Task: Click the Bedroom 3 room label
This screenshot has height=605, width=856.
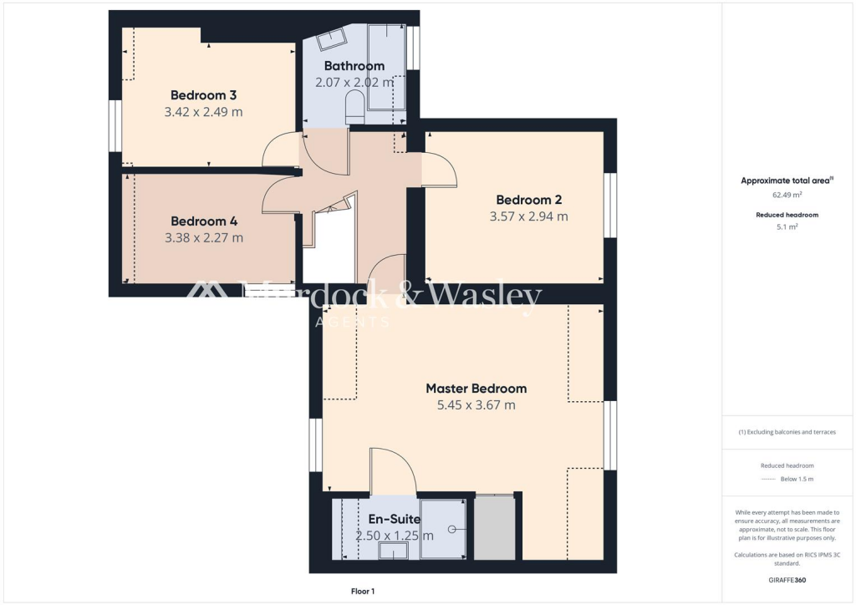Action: click(203, 94)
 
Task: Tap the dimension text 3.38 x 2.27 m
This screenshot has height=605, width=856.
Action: click(204, 237)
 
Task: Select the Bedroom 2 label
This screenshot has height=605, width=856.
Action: click(528, 200)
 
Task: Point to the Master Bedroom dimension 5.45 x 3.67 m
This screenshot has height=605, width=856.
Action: click(476, 405)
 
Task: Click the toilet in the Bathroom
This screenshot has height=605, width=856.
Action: click(354, 107)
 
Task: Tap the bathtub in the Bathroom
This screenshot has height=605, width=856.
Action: click(386, 67)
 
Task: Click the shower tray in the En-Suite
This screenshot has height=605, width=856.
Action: click(443, 528)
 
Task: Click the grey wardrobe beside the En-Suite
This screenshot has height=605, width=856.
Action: click(495, 527)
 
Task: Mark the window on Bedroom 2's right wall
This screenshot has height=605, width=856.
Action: click(610, 206)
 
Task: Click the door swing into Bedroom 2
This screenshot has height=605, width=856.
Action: click(440, 172)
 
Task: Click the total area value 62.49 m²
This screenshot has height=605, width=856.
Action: click(787, 195)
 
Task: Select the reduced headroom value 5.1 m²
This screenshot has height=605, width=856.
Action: click(787, 226)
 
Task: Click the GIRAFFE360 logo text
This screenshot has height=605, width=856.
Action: click(787, 579)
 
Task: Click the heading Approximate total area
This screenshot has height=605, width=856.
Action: click(786, 180)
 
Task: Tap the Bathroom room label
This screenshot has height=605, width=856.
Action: click(354, 66)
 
